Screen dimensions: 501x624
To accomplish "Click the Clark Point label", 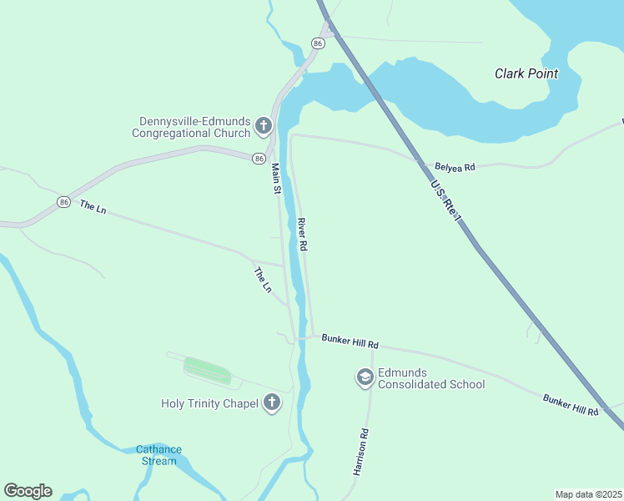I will pos(526,73).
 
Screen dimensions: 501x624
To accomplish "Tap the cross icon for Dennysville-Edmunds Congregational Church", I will pos(263,126).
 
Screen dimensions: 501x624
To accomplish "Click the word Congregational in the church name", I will pos(191,133).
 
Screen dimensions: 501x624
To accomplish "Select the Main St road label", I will pos(277,178).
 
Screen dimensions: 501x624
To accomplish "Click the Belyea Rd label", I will pos(455,167).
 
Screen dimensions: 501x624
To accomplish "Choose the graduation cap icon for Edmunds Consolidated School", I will pos(365,378).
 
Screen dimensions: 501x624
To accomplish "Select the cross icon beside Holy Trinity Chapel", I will pos(271,403).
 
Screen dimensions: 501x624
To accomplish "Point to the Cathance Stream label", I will pos(158,455).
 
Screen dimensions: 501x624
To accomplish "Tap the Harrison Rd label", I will pos(360,452).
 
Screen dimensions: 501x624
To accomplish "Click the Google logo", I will pos(28,491).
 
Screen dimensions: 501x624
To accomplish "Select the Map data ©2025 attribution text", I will pos(588,494).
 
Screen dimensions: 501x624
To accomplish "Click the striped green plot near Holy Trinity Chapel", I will pos(207,370).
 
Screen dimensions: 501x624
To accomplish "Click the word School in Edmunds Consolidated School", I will pos(467,384).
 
